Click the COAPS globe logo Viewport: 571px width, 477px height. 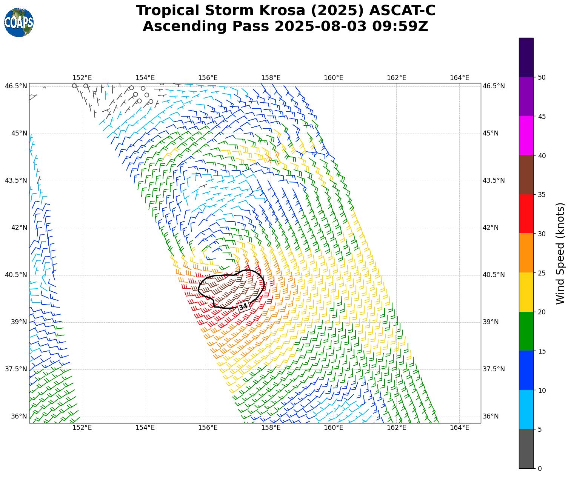tap(19, 23)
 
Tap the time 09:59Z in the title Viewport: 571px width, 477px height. tap(400, 26)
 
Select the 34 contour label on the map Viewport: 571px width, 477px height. tap(243, 306)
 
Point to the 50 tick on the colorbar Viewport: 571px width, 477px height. tap(542, 77)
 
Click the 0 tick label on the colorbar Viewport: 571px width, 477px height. tap(540, 469)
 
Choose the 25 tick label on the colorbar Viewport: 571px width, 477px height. tap(542, 273)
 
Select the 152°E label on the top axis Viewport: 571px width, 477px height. tap(82, 78)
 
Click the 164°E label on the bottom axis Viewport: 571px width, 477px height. tap(459, 428)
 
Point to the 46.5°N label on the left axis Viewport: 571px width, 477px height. tap(16, 86)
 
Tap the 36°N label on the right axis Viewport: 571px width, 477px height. tap(491, 416)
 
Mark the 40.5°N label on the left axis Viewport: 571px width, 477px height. tap(16, 275)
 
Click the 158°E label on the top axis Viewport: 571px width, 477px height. tap(271, 78)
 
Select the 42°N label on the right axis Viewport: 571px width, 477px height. tap(491, 228)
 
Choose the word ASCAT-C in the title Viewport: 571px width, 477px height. tap(402, 11)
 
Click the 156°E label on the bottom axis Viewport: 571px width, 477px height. tap(208, 428)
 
